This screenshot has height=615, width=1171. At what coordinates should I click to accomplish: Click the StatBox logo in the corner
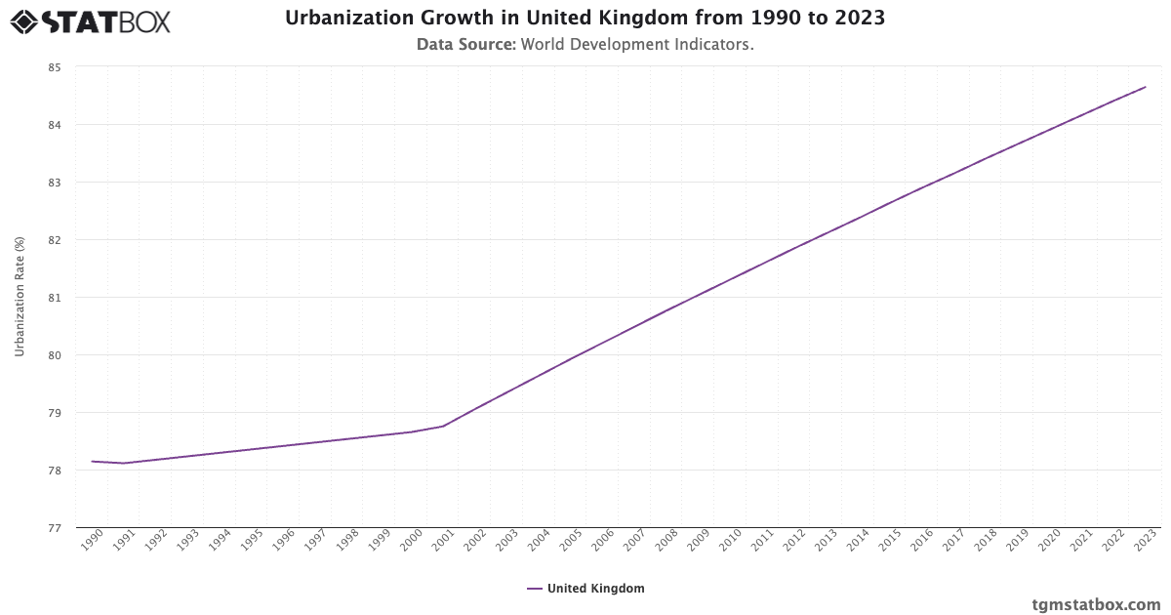[x=90, y=20]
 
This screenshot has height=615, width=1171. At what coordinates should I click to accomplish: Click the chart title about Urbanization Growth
[x=585, y=19]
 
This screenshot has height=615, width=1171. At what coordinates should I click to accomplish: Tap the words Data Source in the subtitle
[x=465, y=44]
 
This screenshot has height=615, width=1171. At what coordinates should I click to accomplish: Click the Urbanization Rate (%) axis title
[x=20, y=297]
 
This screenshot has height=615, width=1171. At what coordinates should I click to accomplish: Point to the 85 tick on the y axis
[x=54, y=67]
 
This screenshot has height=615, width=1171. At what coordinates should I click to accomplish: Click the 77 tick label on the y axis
[x=54, y=528]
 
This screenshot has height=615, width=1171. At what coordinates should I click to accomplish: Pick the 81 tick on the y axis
[x=54, y=298]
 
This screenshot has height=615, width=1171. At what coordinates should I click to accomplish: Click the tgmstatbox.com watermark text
[x=1096, y=604]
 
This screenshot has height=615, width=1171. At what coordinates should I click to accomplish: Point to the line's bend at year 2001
[x=444, y=426]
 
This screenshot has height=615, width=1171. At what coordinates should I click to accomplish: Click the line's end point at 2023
[x=1146, y=87]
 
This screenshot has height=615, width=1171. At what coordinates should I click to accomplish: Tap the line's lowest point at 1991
[x=124, y=463]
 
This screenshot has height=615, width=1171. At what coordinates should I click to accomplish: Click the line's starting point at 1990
[x=93, y=461]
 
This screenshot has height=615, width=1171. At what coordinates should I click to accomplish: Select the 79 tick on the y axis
[x=54, y=413]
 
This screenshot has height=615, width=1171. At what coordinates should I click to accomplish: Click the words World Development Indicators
[x=637, y=44]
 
